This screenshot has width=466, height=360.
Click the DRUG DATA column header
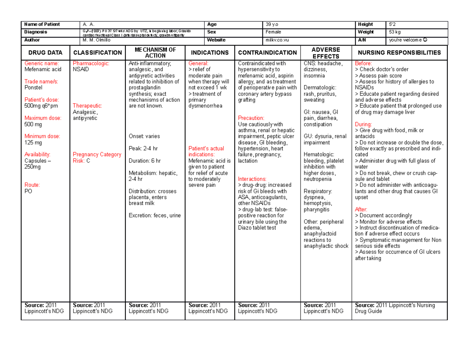[x=45, y=53]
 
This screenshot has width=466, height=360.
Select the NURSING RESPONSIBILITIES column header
[x=399, y=53]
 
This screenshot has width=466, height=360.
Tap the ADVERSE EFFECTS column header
[x=326, y=53]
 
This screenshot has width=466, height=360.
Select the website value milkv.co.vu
[x=277, y=40]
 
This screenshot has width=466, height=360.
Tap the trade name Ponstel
[x=33, y=88]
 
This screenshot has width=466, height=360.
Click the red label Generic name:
[x=41, y=63]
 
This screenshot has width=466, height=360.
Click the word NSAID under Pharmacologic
[x=81, y=70]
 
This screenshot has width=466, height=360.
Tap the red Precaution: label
[x=251, y=118]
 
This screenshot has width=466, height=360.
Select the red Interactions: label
[x=252, y=179]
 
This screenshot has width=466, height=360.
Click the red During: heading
[x=364, y=124]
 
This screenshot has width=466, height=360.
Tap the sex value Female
[x=274, y=32]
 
